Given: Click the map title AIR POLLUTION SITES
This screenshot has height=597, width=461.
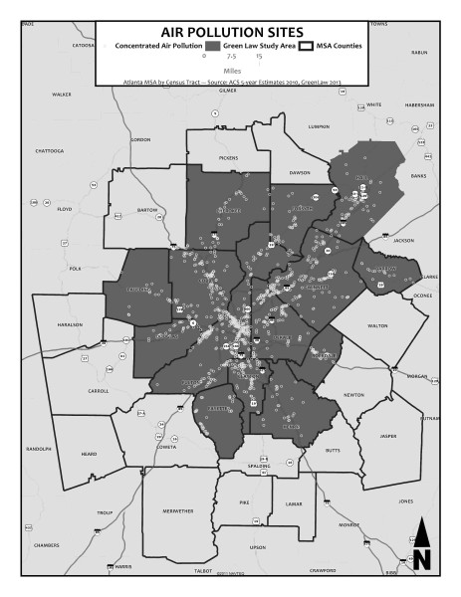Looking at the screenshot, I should click(x=230, y=32).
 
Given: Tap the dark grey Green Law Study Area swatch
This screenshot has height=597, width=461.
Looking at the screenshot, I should click(x=214, y=47).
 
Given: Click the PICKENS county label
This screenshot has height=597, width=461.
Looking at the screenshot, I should click(x=229, y=158).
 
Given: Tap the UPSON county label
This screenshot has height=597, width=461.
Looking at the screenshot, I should click(x=258, y=547).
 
